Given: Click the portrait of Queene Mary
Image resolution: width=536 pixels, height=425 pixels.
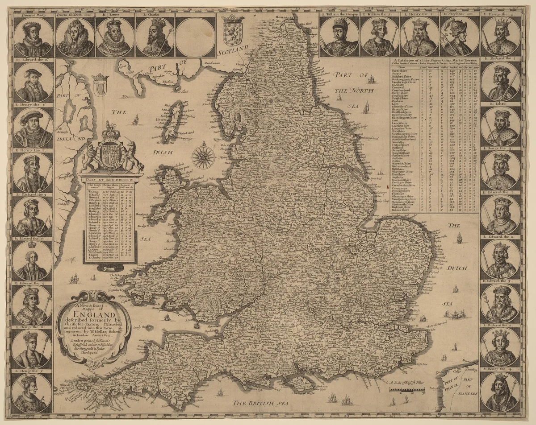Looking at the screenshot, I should pos(33,37).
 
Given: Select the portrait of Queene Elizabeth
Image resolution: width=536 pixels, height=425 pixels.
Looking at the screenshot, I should pos(74,37).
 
